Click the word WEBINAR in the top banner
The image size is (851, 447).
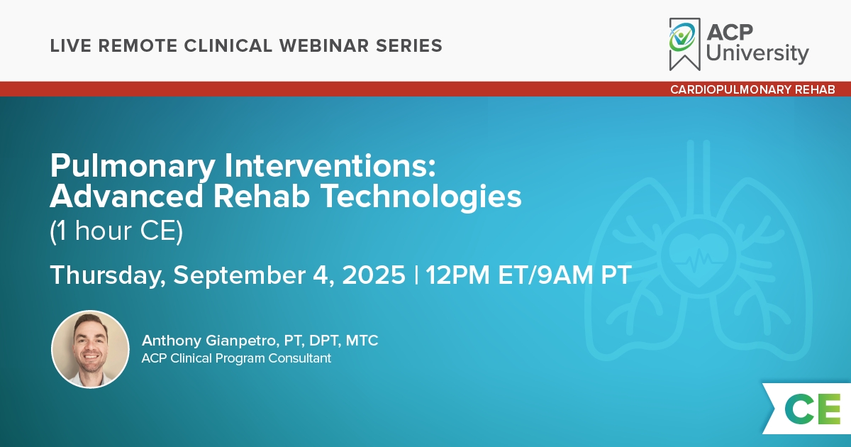(x=324, y=45)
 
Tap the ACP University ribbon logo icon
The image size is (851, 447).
(x=684, y=44)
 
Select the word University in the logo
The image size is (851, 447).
(x=757, y=53)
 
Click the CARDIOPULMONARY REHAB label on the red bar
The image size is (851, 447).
(x=752, y=89)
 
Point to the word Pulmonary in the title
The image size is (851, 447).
(x=133, y=167)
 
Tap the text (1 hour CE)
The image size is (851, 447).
(x=116, y=231)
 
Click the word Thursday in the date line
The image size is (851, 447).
(x=106, y=275)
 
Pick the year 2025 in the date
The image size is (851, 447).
(x=374, y=275)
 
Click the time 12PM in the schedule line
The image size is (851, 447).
(x=458, y=275)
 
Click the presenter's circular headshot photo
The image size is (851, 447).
(x=90, y=349)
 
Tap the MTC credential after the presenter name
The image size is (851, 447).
(x=362, y=341)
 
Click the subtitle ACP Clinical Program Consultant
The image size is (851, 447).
(x=236, y=358)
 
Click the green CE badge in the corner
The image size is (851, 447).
(x=812, y=409)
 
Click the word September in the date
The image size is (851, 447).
(x=240, y=275)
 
